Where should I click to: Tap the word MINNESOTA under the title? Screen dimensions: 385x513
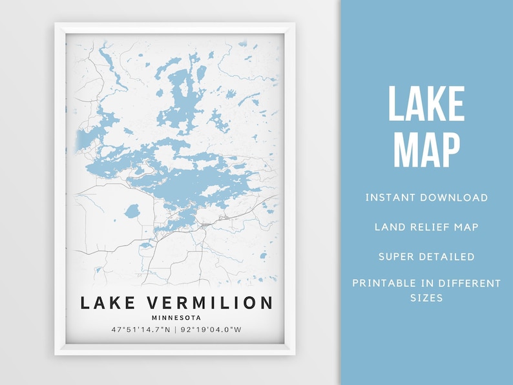point(176,317)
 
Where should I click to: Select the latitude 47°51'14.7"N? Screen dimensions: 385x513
point(140,330)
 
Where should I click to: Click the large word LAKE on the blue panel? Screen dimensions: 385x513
point(426,104)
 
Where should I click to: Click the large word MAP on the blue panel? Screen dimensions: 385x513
point(426,151)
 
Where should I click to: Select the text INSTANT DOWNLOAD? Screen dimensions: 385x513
point(426,198)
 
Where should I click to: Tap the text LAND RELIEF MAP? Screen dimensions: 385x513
point(426,227)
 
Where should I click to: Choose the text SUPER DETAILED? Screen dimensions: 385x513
point(426,256)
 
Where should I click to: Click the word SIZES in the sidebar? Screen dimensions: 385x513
point(426,298)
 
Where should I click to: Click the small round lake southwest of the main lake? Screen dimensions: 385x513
point(132,211)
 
